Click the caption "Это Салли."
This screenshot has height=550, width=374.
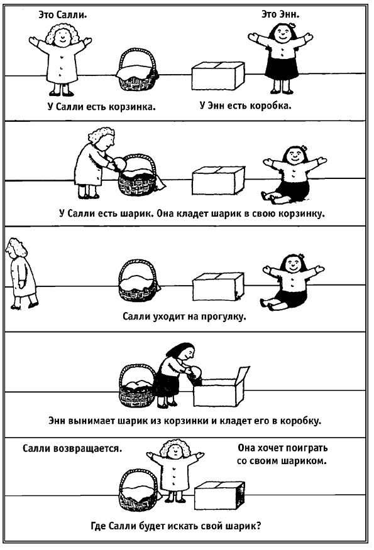pyautogui.click(x=63, y=14)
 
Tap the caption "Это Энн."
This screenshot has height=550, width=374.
pyautogui.click(x=280, y=14)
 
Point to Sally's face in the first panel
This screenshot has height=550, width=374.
pyautogui.click(x=62, y=35)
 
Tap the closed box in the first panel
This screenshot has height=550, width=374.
pyautogui.click(x=218, y=76)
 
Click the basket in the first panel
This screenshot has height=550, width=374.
pyautogui.click(x=137, y=70)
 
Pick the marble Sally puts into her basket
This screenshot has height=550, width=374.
pyautogui.click(x=119, y=163)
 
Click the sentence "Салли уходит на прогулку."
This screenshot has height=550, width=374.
pyautogui.click(x=184, y=316)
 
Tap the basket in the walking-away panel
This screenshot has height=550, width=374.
pyautogui.click(x=138, y=281)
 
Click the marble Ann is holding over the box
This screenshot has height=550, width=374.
pyautogui.click(x=194, y=372)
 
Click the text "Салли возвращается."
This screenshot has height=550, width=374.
pyautogui.click(x=72, y=449)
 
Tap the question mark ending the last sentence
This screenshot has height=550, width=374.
pyautogui.click(x=258, y=526)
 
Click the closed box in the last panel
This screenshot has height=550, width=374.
pyautogui.click(x=219, y=495)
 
